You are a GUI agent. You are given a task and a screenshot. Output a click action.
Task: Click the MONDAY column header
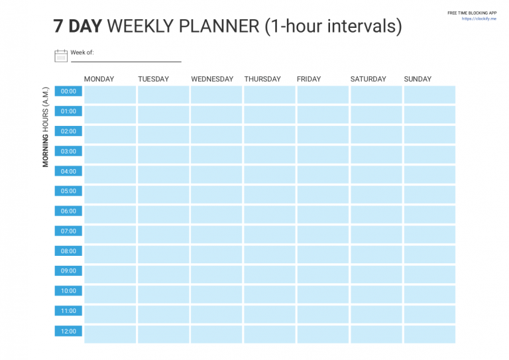coord(99,79)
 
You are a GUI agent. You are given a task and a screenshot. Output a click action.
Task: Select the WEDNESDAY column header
coord(212,79)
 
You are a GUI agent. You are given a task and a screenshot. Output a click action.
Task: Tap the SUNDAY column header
coord(418,79)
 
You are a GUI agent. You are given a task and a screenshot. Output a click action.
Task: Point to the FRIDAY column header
coord(309,79)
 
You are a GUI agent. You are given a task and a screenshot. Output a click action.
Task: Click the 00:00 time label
coord(68,91)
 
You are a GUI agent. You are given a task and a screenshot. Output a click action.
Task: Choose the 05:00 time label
coord(68,191)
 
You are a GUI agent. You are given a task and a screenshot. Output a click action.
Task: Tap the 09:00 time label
coord(68,270)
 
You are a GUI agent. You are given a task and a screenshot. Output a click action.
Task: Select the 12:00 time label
coord(68,331)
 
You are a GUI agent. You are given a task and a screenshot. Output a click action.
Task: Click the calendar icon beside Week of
coord(61,56)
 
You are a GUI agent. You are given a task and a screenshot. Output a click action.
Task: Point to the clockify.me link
coord(479,19)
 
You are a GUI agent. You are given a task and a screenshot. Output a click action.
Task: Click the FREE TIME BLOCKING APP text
coord(471,13)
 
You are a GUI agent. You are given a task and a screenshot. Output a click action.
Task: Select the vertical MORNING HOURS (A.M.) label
coord(46,127)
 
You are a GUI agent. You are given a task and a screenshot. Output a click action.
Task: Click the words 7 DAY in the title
coord(78,27)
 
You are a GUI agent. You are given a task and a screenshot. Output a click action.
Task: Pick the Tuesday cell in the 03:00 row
coord(163,154)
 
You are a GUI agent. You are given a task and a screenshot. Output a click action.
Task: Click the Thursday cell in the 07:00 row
coord(269,234)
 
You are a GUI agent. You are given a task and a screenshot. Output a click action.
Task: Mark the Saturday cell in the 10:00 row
coord(376,294)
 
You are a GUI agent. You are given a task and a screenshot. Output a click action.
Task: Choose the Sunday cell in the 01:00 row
coord(429,115)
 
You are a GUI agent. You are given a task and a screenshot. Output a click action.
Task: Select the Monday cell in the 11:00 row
coord(109,314)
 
